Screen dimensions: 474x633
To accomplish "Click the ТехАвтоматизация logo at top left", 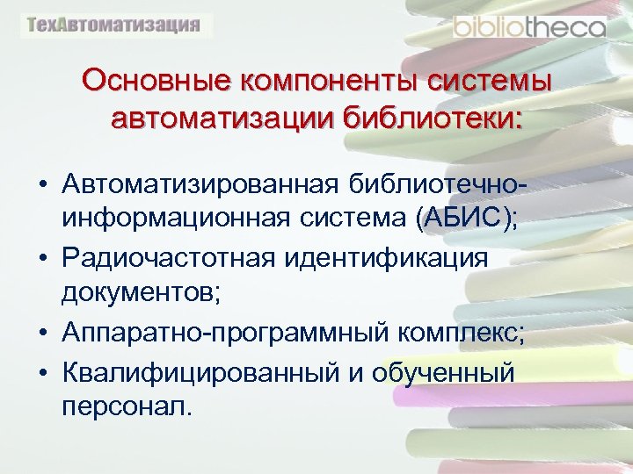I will (115, 25).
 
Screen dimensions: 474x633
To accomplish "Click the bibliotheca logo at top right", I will (529, 27).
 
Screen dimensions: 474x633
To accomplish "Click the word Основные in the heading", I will (150, 82).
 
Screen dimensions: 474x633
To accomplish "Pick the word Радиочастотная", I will (167, 259).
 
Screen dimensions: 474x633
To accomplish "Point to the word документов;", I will (141, 292).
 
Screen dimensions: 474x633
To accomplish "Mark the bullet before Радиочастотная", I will (41, 260).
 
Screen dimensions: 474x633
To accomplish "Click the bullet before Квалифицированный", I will (41, 373).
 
